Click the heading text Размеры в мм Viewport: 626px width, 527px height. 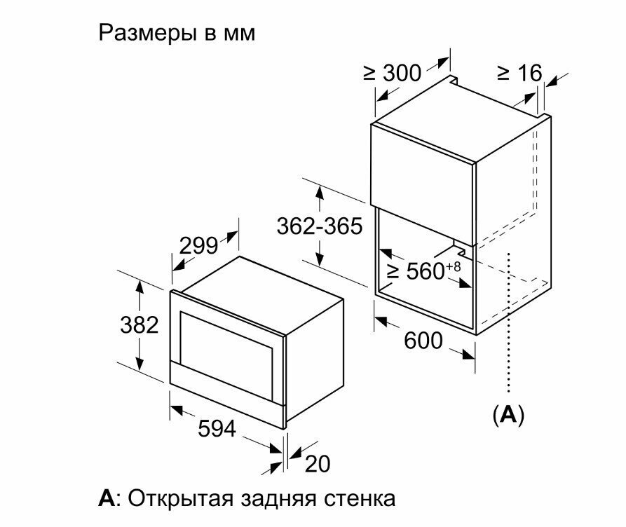(177, 33)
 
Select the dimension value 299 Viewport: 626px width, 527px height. (199, 246)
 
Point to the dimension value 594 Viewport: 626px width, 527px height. (216, 429)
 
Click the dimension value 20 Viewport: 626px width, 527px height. (317, 463)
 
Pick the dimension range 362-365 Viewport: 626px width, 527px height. (319, 226)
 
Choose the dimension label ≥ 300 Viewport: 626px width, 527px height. (393, 73)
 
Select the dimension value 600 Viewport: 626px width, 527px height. (423, 341)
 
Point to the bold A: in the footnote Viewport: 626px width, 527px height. (108, 499)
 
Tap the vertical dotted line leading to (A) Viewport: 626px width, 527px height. (509, 322)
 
